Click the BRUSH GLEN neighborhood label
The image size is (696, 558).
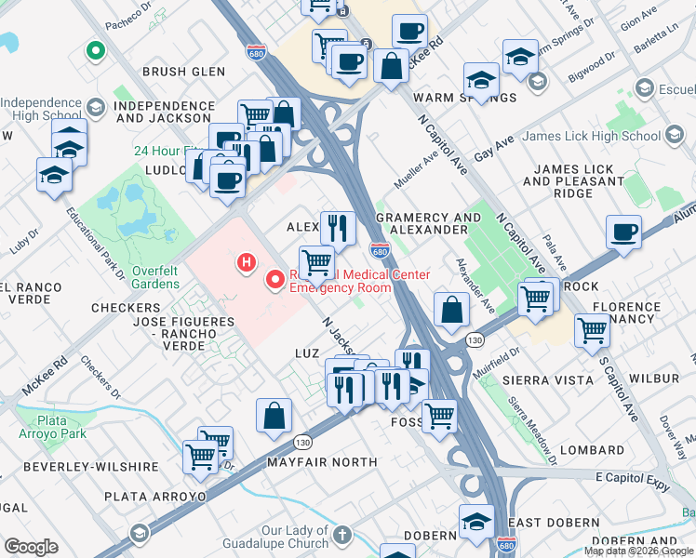tap(183, 72)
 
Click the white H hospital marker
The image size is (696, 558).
tap(247, 263)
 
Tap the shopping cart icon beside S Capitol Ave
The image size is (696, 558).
tap(592, 329)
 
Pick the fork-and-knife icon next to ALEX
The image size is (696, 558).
tap(338, 226)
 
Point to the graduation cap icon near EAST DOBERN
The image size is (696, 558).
tap(476, 519)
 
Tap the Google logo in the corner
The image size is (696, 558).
tap(31, 547)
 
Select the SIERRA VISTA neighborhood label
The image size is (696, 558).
tap(547, 380)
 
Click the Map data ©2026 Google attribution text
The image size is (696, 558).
tap(638, 551)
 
